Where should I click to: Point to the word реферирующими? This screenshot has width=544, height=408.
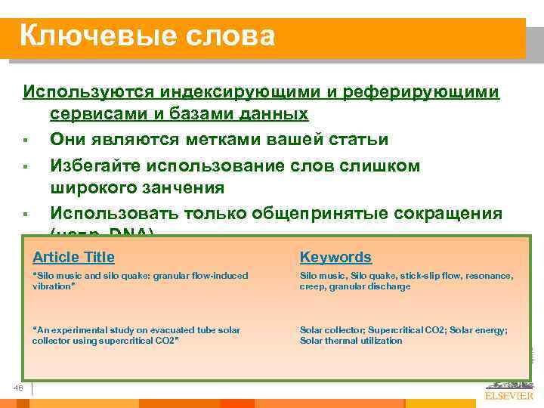(x=421, y=92)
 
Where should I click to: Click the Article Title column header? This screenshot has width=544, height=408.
(x=74, y=258)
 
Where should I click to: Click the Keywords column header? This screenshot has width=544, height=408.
(x=335, y=258)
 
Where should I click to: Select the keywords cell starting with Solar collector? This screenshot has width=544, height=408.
(x=403, y=335)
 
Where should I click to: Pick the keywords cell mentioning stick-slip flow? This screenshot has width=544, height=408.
(x=406, y=282)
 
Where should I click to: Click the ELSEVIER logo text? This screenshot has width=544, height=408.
(x=508, y=395)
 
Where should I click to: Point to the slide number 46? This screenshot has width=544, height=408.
(x=20, y=388)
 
